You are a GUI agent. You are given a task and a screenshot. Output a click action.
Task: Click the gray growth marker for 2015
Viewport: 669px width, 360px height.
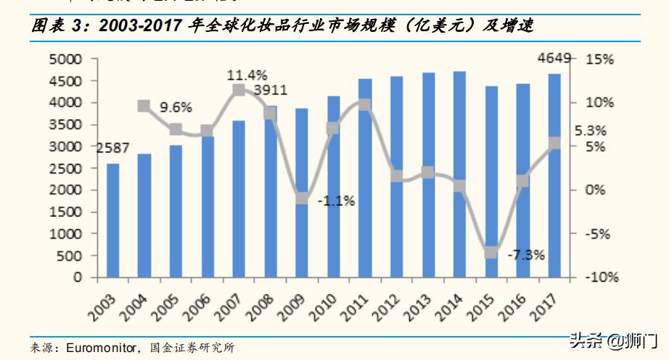click(x=491, y=253)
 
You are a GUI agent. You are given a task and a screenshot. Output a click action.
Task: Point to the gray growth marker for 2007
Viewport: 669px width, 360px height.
click(x=239, y=90)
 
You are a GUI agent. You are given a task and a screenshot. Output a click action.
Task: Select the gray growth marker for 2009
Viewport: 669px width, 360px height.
click(x=302, y=198)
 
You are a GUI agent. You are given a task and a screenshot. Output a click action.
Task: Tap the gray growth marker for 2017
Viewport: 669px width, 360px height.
click(x=554, y=143)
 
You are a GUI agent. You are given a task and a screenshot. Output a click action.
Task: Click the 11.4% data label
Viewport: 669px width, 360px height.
click(x=247, y=75)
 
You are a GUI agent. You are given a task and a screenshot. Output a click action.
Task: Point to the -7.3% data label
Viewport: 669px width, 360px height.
click(x=525, y=255)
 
